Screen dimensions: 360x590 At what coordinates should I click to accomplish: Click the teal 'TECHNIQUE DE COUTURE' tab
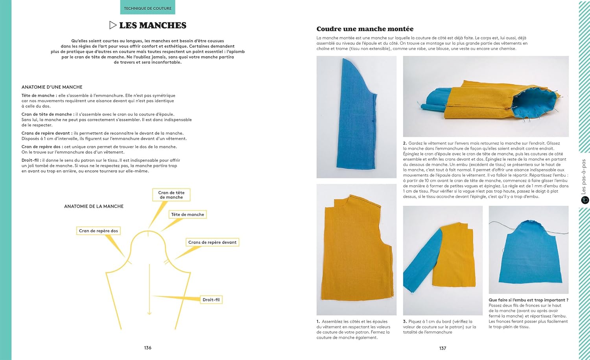(147, 8)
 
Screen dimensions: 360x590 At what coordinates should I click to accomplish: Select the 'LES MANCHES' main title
(153, 26)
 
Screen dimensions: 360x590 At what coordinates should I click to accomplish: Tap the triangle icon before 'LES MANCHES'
(113, 25)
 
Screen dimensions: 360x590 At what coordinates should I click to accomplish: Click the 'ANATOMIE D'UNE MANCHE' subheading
(52, 87)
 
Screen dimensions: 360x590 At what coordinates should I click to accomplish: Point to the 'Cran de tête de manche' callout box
(171, 195)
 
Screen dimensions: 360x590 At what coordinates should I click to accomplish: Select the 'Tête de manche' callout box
(188, 215)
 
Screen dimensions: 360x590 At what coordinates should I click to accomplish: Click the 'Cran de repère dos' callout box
(98, 231)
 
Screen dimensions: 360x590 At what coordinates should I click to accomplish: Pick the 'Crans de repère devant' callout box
(212, 242)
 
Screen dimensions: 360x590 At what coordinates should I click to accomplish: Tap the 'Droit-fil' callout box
(211, 299)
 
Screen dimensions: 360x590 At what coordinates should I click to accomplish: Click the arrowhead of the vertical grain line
(149, 313)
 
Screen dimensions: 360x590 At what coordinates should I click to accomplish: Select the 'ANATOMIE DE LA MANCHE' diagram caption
(94, 206)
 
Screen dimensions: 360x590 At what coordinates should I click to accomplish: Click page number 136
(147, 348)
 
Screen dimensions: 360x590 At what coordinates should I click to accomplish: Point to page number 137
(442, 348)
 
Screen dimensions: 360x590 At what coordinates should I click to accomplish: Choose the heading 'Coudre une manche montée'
(365, 29)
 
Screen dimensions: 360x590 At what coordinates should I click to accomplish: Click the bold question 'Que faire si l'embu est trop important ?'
(528, 300)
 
